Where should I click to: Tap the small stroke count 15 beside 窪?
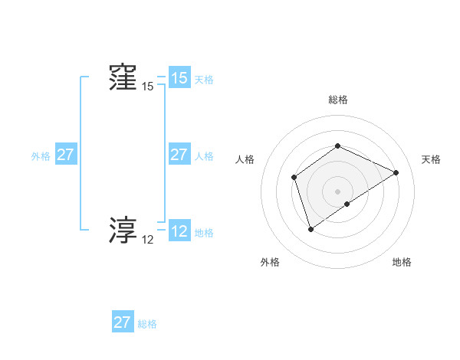pos(147,87)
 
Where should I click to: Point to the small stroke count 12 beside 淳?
pos(147,240)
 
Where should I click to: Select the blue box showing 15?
pos(179,78)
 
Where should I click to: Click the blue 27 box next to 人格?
pos(179,155)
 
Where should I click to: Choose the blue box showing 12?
pos(179,231)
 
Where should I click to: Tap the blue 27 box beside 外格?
pos(65,155)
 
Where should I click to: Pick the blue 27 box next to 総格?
pos(122,322)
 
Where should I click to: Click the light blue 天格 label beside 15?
pos(204,80)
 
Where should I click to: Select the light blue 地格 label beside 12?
pos(204,233)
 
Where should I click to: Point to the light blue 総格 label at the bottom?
pos(147,324)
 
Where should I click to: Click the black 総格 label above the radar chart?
pos(337,100)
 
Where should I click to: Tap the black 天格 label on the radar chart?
pos(431,159)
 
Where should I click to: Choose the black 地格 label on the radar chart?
pos(402,262)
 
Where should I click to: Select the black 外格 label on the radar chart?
pos(270,262)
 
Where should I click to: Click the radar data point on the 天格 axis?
pos(396,172)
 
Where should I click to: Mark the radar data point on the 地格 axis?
pos(347,204)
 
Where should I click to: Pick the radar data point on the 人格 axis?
pos(294,178)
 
